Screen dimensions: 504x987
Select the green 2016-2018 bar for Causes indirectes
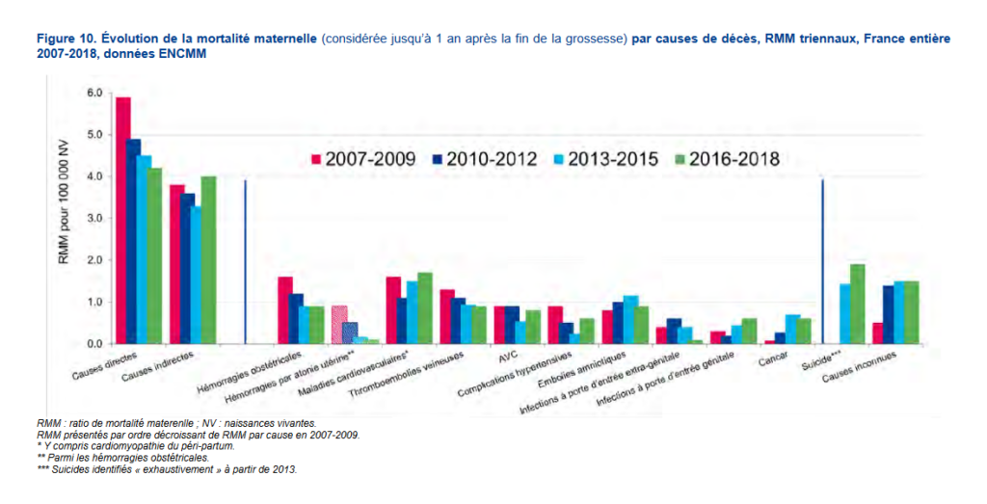click(x=208, y=260)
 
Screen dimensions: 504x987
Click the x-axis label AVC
click(x=509, y=354)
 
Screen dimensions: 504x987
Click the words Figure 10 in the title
click(x=66, y=39)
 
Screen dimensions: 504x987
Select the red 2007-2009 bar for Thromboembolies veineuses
click(x=447, y=317)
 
